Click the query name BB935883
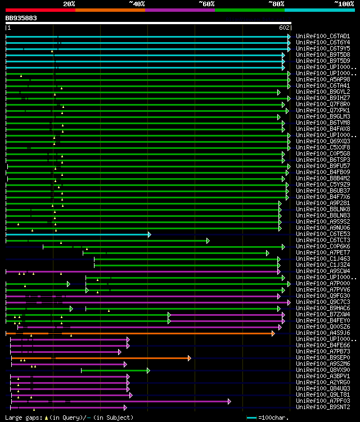21,18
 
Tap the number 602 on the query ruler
284,28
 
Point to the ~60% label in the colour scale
206,4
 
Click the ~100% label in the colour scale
343,4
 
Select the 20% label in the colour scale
69,4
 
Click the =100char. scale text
274,418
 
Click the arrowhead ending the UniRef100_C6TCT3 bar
208,240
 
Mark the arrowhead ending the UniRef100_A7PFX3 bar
229,401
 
